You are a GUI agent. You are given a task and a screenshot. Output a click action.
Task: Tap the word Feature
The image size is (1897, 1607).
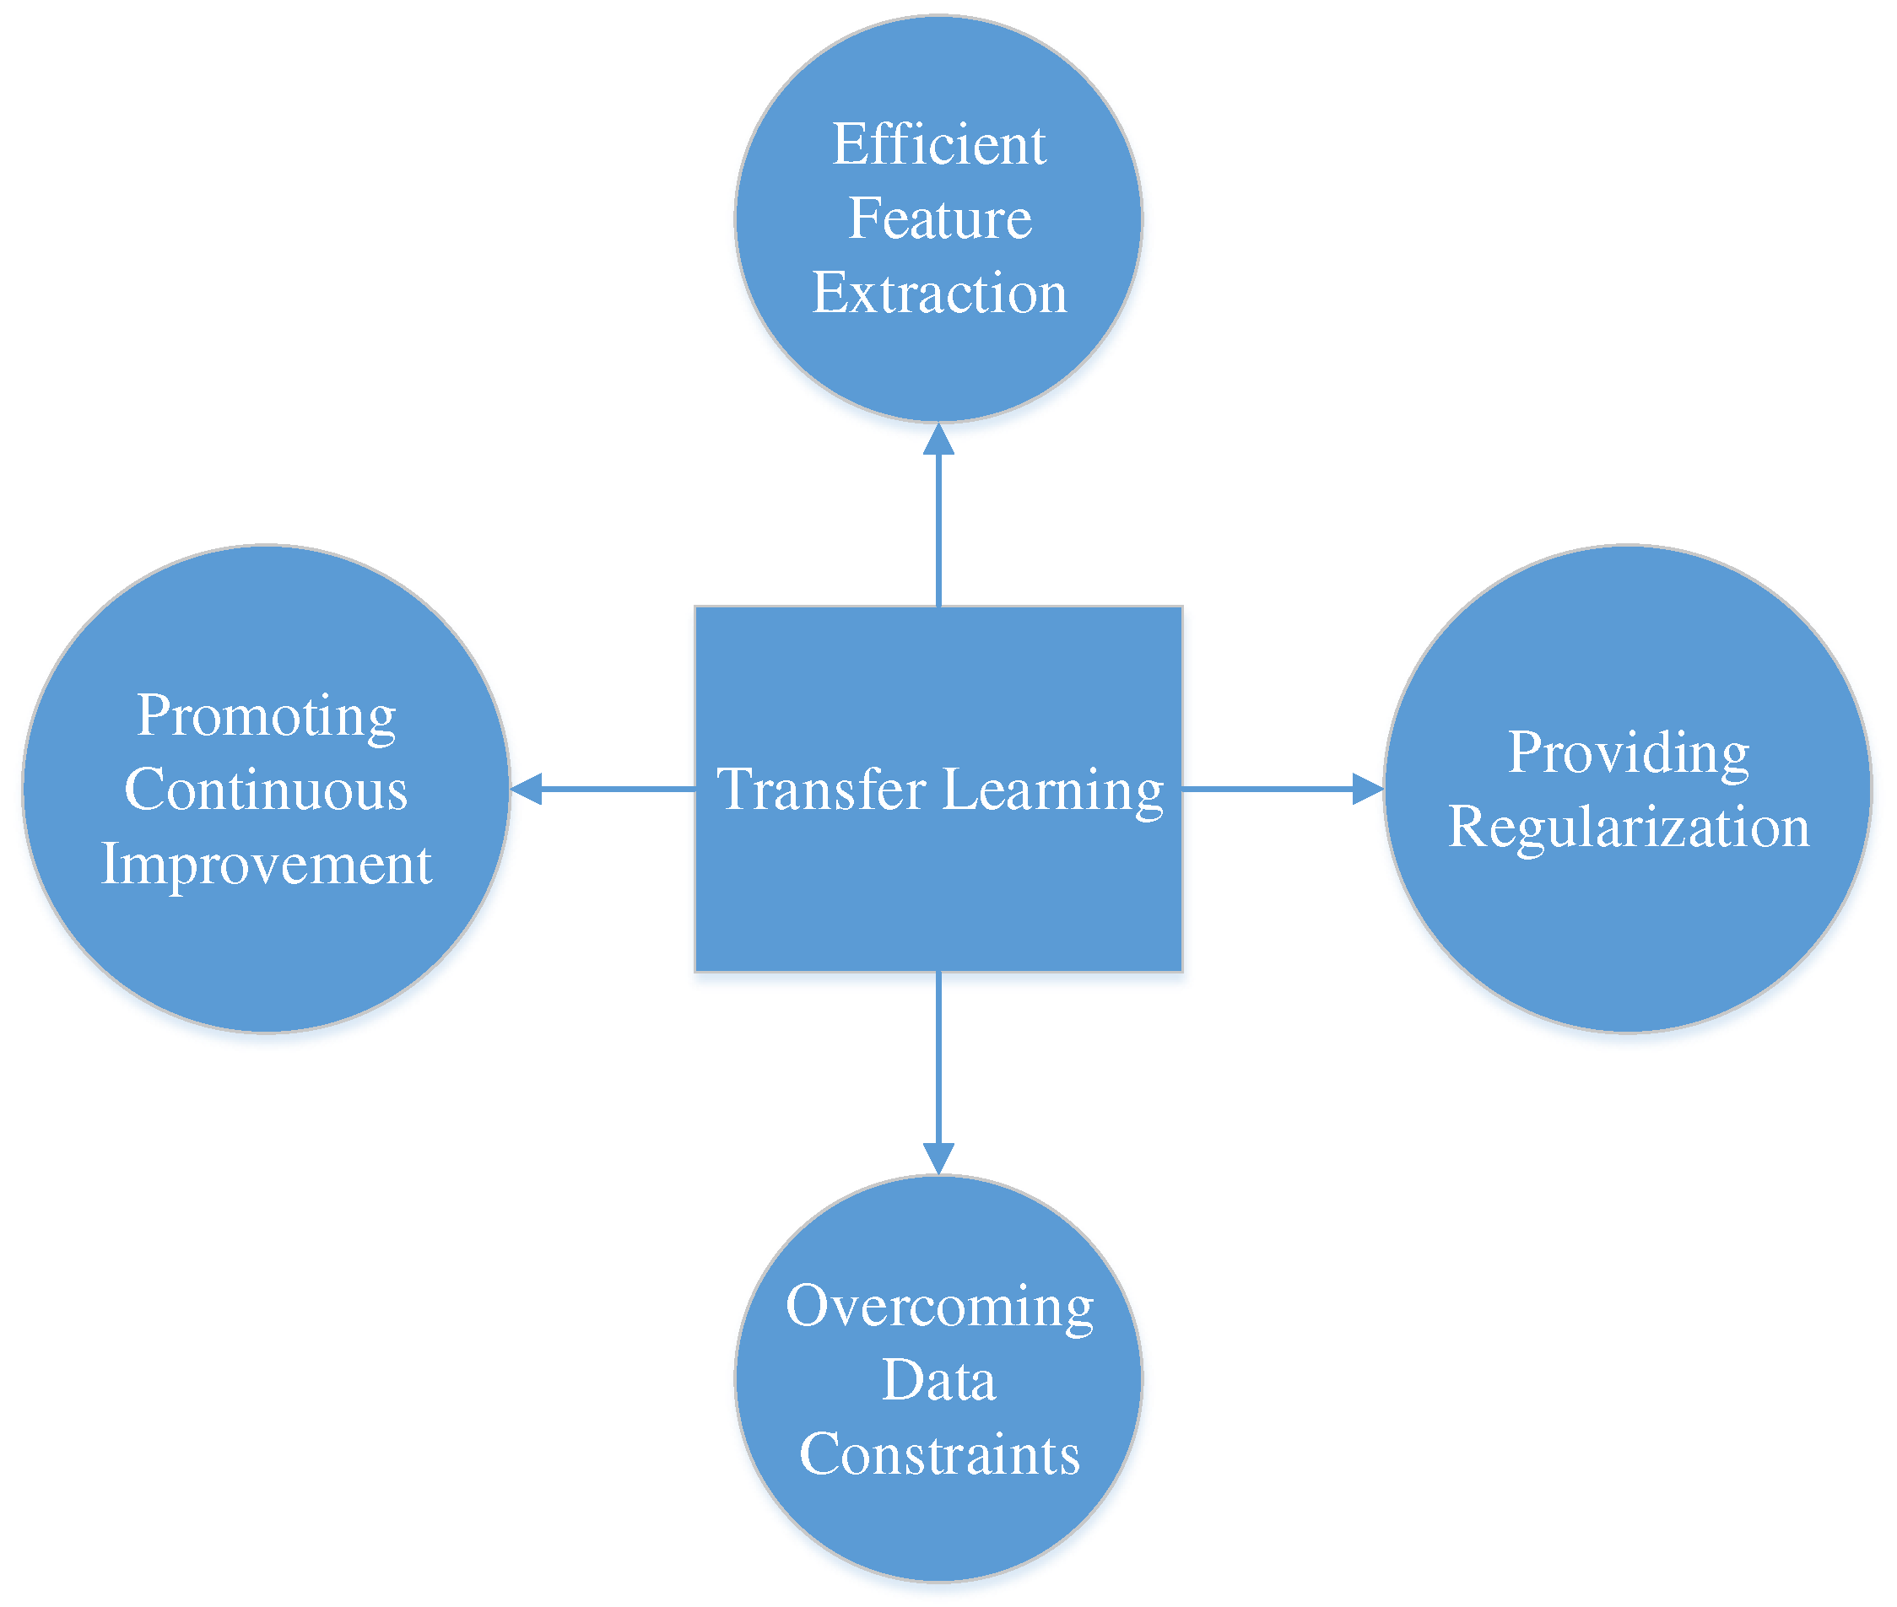pyautogui.click(x=939, y=218)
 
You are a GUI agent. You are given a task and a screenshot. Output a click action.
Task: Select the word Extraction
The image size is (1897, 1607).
pyautogui.click(x=939, y=293)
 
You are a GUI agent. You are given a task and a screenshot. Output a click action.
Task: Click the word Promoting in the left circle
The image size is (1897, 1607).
pyautogui.click(x=266, y=716)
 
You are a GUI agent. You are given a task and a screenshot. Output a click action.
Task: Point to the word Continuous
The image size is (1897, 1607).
pyautogui.click(x=266, y=789)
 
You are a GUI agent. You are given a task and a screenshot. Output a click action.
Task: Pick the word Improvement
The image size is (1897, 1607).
pyautogui.click(x=266, y=864)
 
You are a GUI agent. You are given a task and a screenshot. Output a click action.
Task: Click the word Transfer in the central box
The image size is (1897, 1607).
pyautogui.click(x=821, y=789)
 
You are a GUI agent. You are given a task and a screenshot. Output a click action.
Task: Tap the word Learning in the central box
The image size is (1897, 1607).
pyautogui.click(x=1052, y=790)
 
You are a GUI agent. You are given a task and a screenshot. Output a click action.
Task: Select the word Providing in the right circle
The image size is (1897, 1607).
pyautogui.click(x=1628, y=753)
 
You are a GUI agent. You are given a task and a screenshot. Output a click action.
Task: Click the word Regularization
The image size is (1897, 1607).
pyautogui.click(x=1628, y=828)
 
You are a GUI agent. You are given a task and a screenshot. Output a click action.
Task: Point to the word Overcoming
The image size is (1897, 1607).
pyautogui.click(x=939, y=1307)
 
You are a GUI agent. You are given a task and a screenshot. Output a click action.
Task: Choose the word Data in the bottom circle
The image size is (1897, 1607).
pyautogui.click(x=939, y=1380)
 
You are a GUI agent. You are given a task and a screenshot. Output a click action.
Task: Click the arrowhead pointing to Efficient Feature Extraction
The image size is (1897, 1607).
pyautogui.click(x=938, y=440)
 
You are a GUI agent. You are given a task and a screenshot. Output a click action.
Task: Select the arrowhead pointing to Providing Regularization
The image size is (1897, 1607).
pyautogui.click(x=1367, y=789)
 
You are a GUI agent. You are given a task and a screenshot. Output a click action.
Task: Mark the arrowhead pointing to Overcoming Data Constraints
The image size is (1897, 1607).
pyautogui.click(x=938, y=1158)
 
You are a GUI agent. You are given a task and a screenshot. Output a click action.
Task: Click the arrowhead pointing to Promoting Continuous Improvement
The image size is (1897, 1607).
pyautogui.click(x=527, y=789)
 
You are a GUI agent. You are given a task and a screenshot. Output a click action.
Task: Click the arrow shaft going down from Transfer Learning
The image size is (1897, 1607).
pyautogui.click(x=938, y=1057)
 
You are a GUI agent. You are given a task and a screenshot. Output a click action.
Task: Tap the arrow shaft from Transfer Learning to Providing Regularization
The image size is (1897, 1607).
pyautogui.click(x=1267, y=789)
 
